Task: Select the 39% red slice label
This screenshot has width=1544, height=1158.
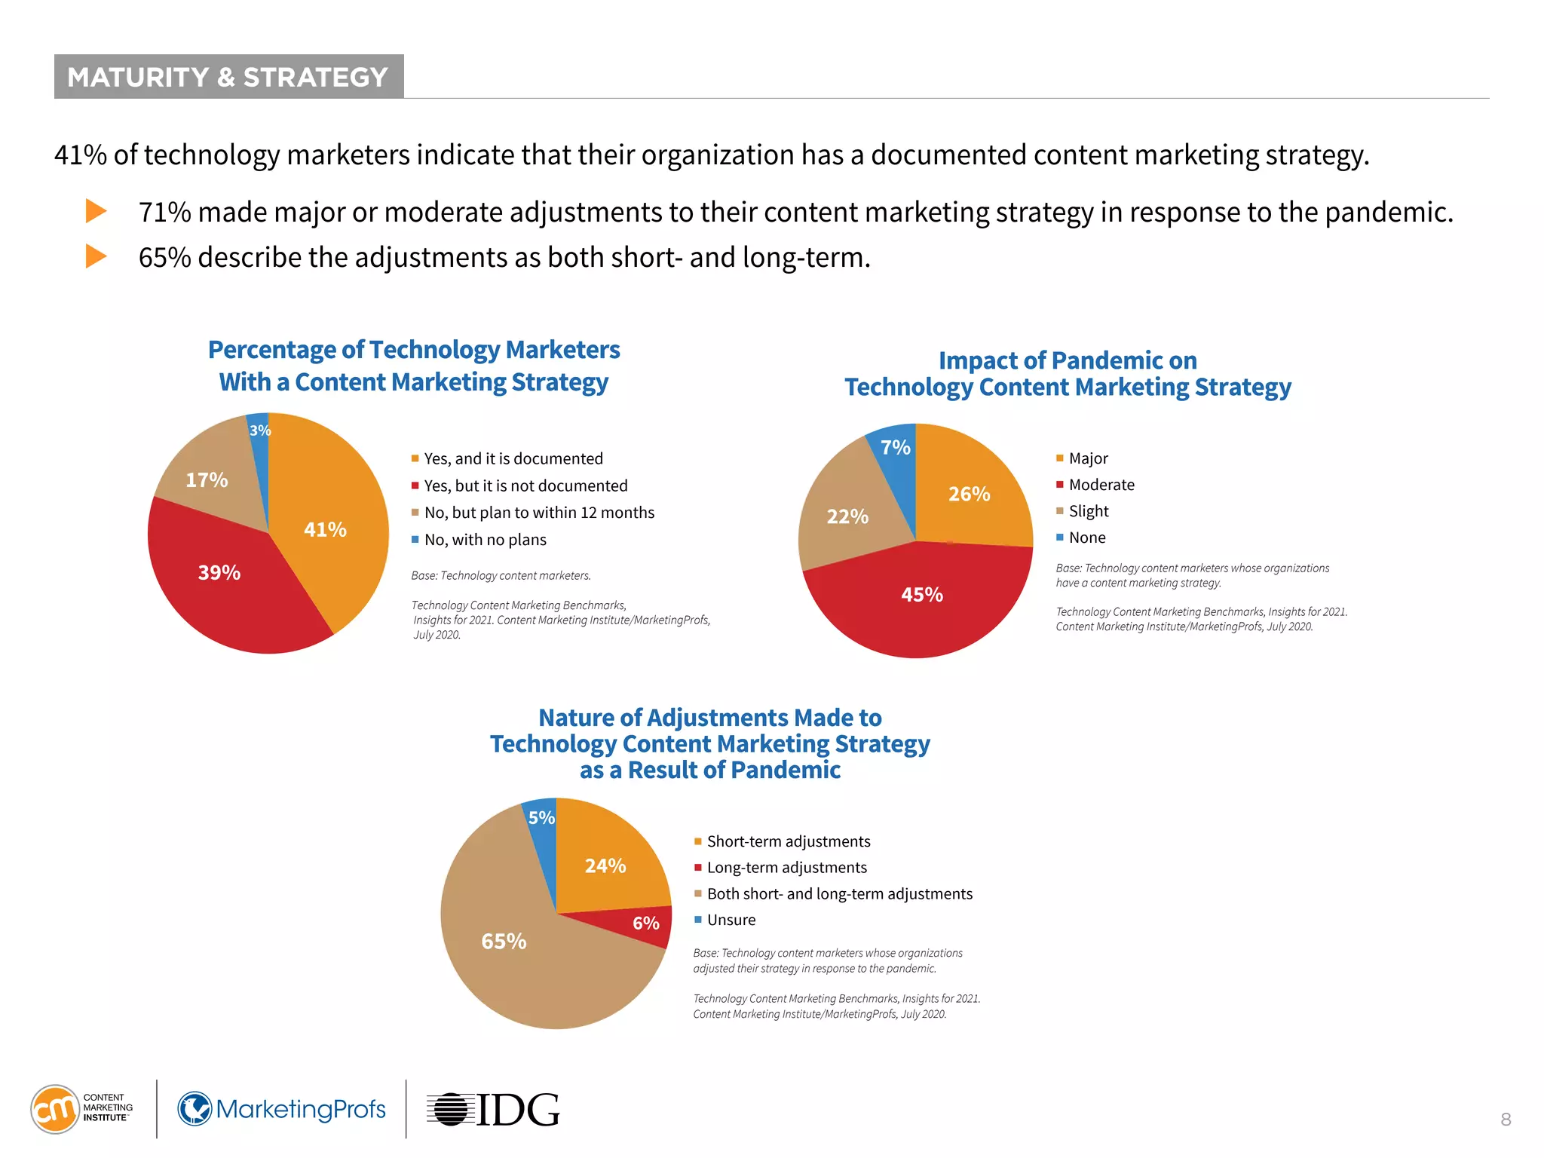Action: [219, 573]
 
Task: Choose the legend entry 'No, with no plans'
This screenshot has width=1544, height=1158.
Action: [485, 540]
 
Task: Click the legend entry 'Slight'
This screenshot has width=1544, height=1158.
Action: [1089, 511]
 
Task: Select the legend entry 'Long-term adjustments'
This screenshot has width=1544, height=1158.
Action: [786, 868]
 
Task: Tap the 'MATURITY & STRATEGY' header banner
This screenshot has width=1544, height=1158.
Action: [228, 77]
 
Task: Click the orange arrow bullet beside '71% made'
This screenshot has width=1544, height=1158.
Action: [96, 211]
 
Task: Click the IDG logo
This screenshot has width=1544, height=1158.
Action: [494, 1110]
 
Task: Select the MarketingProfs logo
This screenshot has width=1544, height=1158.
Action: [282, 1109]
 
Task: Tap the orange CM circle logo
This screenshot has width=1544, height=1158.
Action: [54, 1109]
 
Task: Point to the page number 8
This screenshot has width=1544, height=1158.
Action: [1506, 1120]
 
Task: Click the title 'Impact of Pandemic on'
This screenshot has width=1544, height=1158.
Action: [1068, 360]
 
